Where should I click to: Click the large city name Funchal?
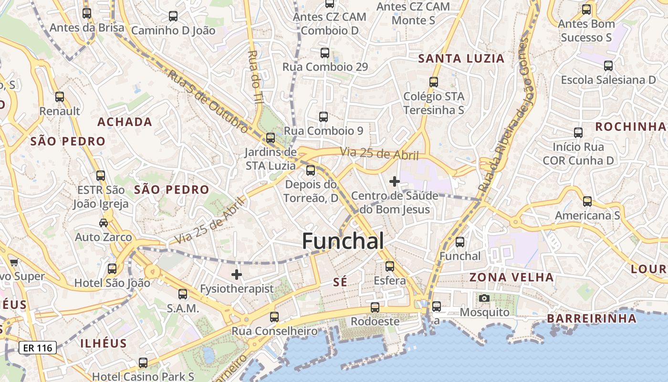pos(343,241)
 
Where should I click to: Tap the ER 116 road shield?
pos(38,348)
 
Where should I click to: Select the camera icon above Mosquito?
pos(484,298)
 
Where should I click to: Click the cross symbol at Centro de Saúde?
pos(395,181)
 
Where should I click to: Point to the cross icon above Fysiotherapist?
pos(237,275)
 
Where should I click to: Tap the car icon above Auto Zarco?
pos(104,223)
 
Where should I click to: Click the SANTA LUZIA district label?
pos(461,59)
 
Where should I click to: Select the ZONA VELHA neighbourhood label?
pos(511,277)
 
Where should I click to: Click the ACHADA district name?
pos(125,122)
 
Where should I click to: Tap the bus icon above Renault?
pos(60,97)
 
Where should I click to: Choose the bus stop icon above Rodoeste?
pos(375,307)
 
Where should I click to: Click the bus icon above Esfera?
pos(390,266)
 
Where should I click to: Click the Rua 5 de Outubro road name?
pos(208,102)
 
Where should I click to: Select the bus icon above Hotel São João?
pos(112,269)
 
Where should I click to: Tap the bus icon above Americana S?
pos(587,202)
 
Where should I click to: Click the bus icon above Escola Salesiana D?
pos(608,66)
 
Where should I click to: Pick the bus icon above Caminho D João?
pos(173,16)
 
